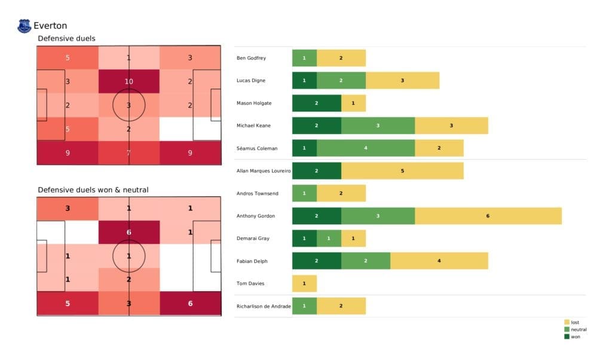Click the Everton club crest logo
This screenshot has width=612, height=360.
tap(24, 26)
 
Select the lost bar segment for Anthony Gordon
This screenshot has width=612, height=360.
tap(488, 216)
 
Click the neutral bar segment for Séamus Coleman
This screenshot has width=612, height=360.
tap(366, 148)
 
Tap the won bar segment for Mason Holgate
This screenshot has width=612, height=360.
tap(317, 103)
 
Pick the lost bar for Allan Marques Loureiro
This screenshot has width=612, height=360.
tap(402, 171)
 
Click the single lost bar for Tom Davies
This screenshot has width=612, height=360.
tap(304, 283)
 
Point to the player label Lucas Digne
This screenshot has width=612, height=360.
tap(251, 81)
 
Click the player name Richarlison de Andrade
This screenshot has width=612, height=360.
tap(264, 306)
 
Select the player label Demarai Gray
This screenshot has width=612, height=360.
tap(253, 239)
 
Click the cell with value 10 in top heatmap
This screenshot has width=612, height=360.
tap(129, 81)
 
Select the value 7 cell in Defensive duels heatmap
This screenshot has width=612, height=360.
tap(129, 152)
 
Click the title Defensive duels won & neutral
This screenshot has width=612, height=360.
tap(93, 190)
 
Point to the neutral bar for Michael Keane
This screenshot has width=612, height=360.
tap(378, 126)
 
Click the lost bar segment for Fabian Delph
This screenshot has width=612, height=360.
tap(439, 261)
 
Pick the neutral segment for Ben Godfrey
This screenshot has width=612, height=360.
tap(304, 58)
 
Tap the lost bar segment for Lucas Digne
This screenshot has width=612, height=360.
tap(402, 81)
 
